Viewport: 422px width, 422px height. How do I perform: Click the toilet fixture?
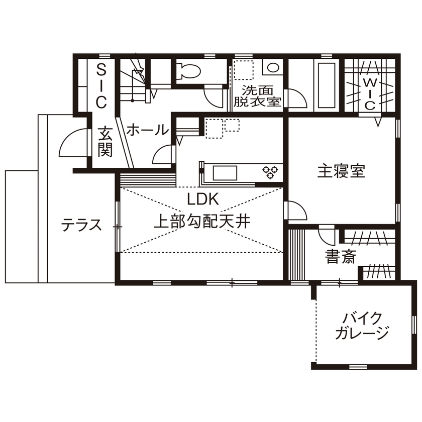[x=188, y=70]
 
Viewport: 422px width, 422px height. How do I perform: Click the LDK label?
[x=203, y=199]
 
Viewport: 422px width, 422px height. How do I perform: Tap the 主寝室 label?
[x=341, y=171]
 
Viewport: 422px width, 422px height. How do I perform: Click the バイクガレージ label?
[x=362, y=325]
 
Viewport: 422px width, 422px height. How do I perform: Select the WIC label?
[x=369, y=93]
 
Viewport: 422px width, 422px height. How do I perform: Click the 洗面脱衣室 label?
[x=257, y=96]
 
